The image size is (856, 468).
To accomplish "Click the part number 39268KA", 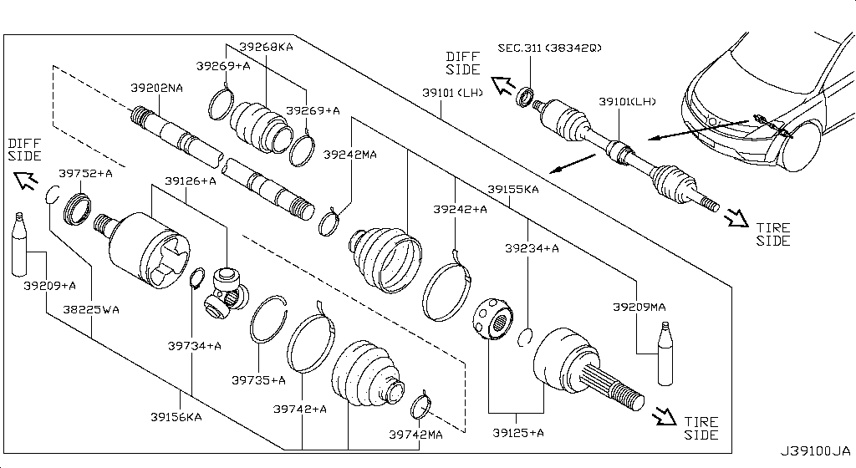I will point(266,48).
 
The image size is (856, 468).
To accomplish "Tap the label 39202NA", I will point(156,88).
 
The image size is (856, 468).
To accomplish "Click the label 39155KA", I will point(513,190).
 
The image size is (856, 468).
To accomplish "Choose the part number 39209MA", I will point(639,307).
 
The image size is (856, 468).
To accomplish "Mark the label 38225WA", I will point(91,309).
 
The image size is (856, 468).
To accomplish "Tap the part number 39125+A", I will point(518,432).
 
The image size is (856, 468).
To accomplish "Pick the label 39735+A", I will point(258,380).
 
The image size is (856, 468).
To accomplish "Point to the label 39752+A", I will point(85,173).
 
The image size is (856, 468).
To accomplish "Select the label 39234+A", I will point(532,248).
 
